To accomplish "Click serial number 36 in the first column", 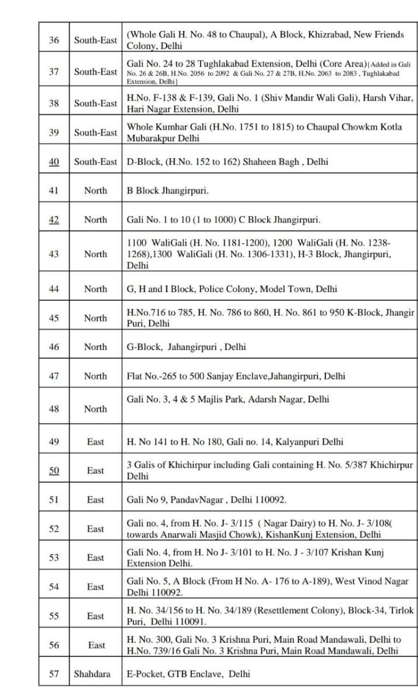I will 54,40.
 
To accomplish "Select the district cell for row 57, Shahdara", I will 95,674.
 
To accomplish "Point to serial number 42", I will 54,220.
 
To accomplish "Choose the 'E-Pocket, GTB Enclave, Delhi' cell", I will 188,674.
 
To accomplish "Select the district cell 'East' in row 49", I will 95,442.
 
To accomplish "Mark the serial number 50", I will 54,470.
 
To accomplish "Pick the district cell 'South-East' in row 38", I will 95,103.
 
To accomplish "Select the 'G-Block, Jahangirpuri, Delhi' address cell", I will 186,347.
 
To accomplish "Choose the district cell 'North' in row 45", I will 95,318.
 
